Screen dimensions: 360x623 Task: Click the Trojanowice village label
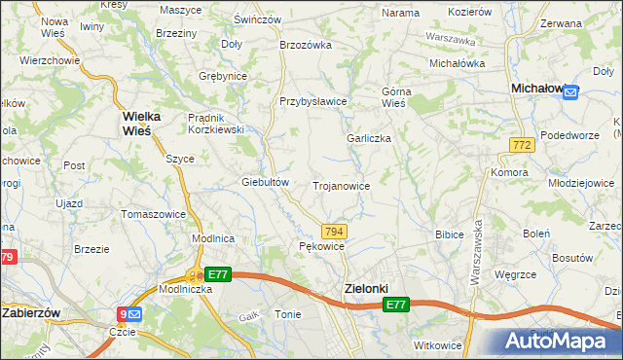[x=340, y=185]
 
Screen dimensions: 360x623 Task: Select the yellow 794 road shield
[x=334, y=231]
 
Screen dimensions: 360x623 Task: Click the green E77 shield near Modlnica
[x=218, y=275]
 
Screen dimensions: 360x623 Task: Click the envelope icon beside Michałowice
[x=570, y=92]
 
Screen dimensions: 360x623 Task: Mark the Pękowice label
[x=321, y=247]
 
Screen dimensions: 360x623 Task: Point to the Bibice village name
[x=449, y=234]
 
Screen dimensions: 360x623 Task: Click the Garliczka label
[x=369, y=138]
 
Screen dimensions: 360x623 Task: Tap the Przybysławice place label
[x=313, y=101]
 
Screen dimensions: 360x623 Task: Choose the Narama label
[x=400, y=13]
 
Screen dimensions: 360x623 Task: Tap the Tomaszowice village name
[x=153, y=213]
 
